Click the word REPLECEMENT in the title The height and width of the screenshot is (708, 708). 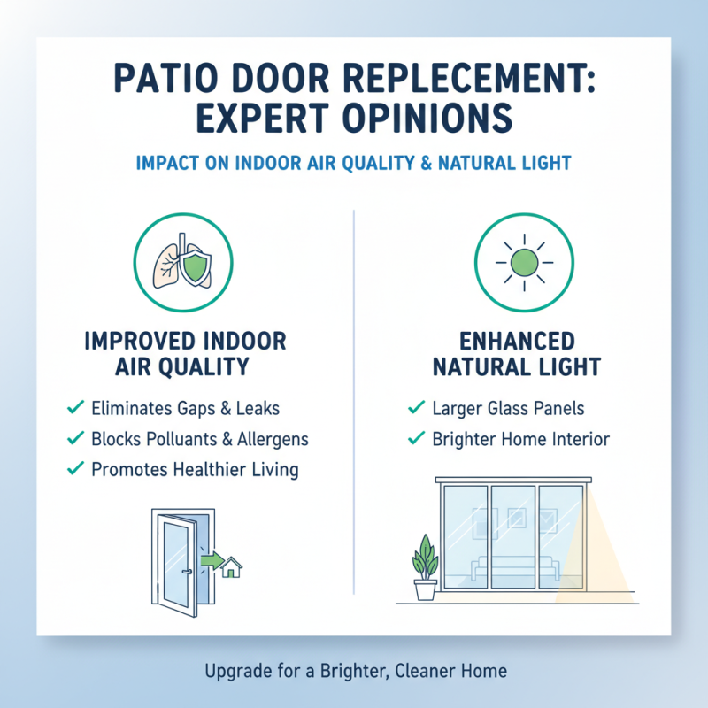(451, 78)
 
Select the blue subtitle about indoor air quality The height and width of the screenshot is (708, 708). (353, 163)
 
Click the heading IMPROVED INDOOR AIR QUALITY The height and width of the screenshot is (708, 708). (185, 353)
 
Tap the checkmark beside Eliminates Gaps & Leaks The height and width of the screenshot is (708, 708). (75, 408)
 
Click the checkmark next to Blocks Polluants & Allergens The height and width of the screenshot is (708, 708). (75, 438)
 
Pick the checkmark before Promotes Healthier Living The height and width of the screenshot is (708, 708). (75, 468)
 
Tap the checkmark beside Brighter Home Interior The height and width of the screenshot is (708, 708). (414, 438)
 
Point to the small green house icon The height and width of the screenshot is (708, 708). (233, 566)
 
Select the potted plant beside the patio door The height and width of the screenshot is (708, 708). (426, 566)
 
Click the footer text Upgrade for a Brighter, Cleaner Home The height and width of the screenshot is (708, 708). (353, 671)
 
